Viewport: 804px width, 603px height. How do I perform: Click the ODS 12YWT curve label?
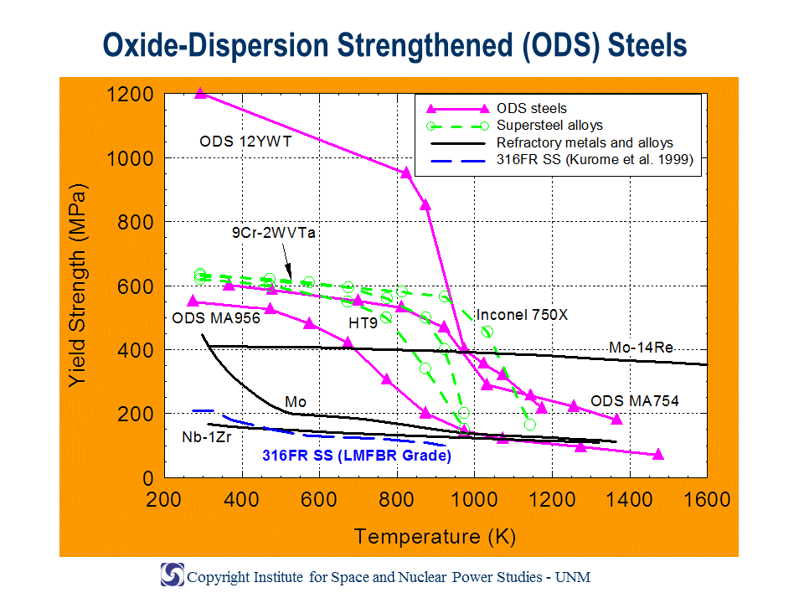pyautogui.click(x=245, y=142)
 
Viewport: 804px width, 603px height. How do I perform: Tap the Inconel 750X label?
pyautogui.click(x=522, y=315)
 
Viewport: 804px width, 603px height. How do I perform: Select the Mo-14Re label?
pyautogui.click(x=641, y=348)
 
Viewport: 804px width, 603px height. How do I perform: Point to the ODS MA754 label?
pyautogui.click(x=635, y=401)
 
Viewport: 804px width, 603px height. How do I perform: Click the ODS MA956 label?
pyautogui.click(x=216, y=318)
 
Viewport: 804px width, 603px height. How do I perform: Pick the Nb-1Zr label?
pyautogui.click(x=207, y=437)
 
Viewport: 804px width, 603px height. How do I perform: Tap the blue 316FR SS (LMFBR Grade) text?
pyautogui.click(x=357, y=456)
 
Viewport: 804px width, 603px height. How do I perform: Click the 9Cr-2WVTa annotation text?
pyautogui.click(x=273, y=233)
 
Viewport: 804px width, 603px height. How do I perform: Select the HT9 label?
pyautogui.click(x=363, y=323)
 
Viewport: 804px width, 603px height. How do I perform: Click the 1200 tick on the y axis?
pyautogui.click(x=130, y=95)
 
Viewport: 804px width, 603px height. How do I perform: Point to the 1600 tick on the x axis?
pyautogui.click(x=707, y=499)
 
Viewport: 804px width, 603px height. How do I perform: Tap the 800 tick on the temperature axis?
pyautogui.click(x=396, y=499)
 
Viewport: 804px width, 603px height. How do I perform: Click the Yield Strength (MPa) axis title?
pyautogui.click(x=78, y=285)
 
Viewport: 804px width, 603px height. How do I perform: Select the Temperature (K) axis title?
pyautogui.click(x=435, y=537)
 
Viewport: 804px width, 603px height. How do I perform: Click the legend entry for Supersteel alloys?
pyautogui.click(x=514, y=126)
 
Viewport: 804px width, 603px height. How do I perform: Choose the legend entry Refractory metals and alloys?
pyautogui.click(x=552, y=142)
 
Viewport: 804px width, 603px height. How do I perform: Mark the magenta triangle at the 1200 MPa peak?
pyautogui.click(x=200, y=93)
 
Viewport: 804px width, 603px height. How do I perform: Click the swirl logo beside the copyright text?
pyautogui.click(x=173, y=575)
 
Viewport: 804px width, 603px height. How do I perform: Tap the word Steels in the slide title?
pyautogui.click(x=647, y=45)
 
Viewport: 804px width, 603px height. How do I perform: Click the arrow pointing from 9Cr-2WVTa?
pyautogui.click(x=286, y=261)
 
